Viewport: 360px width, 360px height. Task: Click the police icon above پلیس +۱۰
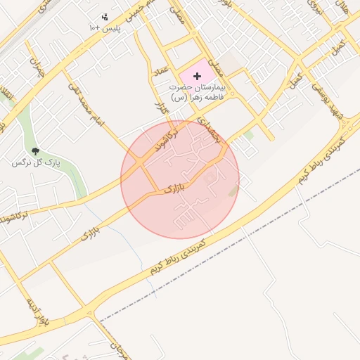(105, 15)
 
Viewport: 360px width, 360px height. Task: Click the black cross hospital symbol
(196, 75)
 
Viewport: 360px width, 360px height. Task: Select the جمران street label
(37, 65)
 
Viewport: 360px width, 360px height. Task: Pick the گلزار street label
(159, 108)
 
